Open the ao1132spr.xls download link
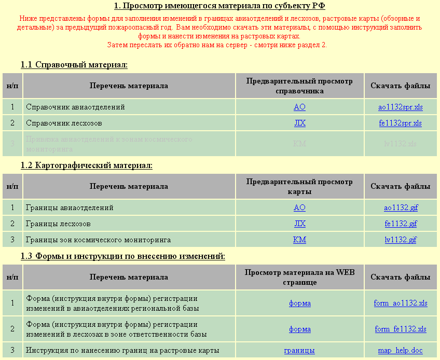[x=401, y=107]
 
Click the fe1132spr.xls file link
[x=401, y=123]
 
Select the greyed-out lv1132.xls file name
[x=401, y=144]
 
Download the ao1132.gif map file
[x=401, y=208]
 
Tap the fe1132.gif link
[x=401, y=224]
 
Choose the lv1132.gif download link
[x=401, y=240]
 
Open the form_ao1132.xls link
[x=401, y=303]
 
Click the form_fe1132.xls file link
[x=401, y=329]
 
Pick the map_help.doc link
[x=401, y=351]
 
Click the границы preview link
[x=299, y=351]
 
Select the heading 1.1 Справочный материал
[x=74, y=65]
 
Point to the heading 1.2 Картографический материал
[x=87, y=165]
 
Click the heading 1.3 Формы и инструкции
[x=123, y=256]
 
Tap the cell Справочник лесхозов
[x=64, y=123]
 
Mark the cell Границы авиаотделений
[x=70, y=208]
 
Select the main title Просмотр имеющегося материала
[x=219, y=6]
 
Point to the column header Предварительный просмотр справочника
[x=299, y=86]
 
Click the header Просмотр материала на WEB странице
[x=299, y=278]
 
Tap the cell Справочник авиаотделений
[x=75, y=107]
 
